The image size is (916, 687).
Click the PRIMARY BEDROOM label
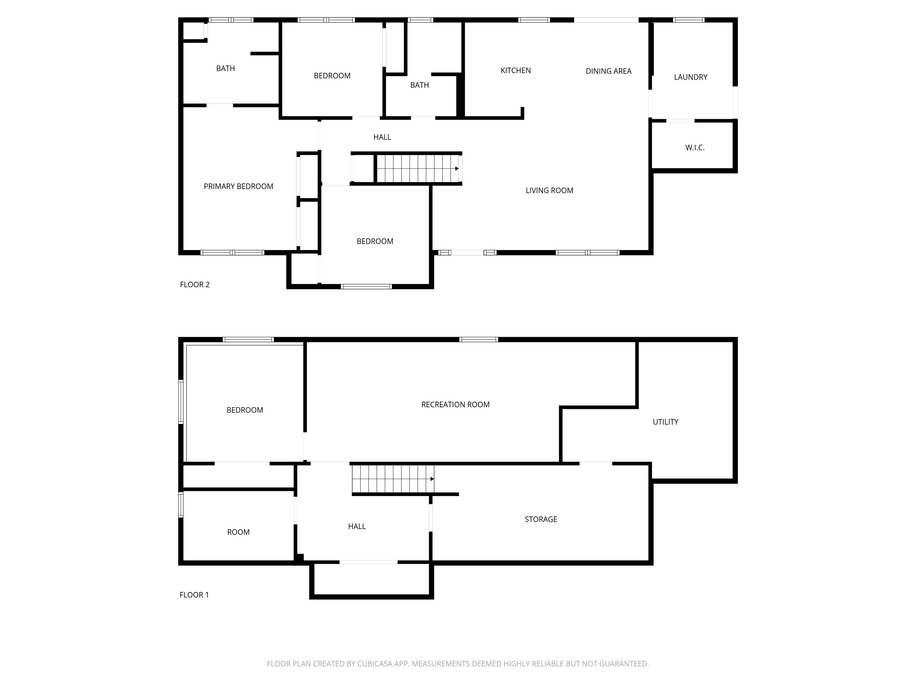click(x=239, y=186)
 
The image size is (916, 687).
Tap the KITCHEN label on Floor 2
click(x=516, y=70)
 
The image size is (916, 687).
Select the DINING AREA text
click(x=608, y=71)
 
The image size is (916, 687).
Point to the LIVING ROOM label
click(x=550, y=191)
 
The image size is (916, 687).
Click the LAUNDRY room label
click(x=691, y=77)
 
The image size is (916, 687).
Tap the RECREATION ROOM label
click(x=456, y=405)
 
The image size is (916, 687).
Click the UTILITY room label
click(x=666, y=422)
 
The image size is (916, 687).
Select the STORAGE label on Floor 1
click(x=541, y=519)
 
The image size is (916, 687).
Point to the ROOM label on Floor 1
click(x=239, y=532)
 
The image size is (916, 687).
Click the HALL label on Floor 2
click(x=382, y=137)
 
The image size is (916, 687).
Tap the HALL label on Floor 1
click(x=357, y=526)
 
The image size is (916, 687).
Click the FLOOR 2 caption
click(x=195, y=284)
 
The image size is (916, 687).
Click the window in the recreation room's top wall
click(x=479, y=340)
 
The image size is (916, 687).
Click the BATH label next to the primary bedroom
click(x=225, y=68)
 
